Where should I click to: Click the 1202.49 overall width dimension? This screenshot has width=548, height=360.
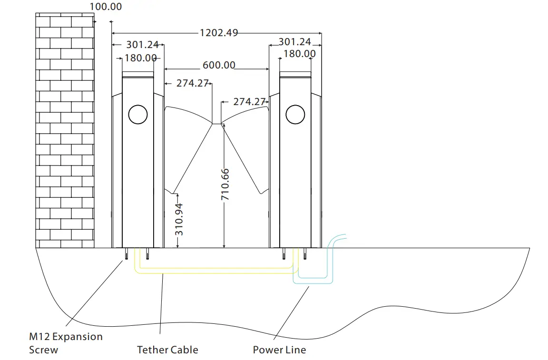[219, 33]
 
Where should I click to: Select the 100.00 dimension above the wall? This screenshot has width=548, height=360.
[106, 7]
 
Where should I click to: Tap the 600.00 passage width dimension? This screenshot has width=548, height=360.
[219, 65]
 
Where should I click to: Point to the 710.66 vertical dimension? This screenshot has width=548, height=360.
[225, 184]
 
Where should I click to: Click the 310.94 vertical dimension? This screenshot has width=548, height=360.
[179, 220]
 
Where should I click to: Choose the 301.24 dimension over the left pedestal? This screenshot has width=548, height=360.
[142, 45]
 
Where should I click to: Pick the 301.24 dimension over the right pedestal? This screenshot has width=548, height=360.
[294, 42]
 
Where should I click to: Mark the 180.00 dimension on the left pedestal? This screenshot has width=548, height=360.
[141, 58]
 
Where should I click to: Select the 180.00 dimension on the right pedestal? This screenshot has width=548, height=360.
[299, 54]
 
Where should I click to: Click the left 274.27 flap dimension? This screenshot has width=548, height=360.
[193, 83]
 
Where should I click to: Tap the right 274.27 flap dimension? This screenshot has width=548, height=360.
[249, 102]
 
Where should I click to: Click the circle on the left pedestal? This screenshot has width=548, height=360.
[137, 114]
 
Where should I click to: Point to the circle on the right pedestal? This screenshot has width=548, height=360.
[295, 114]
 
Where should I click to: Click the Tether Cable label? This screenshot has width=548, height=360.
[167, 350]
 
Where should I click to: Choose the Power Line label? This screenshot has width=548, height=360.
[279, 350]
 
